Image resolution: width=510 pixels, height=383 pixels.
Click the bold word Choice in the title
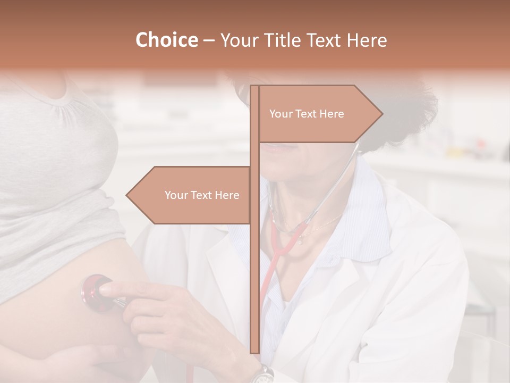(166, 40)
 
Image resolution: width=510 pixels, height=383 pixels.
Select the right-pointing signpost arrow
(319, 114)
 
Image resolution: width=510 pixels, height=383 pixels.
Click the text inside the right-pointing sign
(307, 114)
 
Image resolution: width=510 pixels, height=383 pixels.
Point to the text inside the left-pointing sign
(202, 195)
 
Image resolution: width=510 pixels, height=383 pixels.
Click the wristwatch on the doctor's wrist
(262, 374)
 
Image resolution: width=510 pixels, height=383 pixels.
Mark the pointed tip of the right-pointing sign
(381, 114)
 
